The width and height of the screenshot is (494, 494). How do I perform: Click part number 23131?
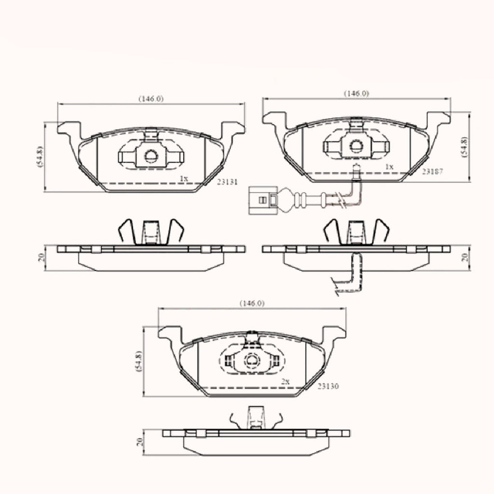tap(227, 182)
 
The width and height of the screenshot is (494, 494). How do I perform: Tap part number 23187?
tap(433, 171)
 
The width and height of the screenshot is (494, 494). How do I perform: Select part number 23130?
tap(328, 386)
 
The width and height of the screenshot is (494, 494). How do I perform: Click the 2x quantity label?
tap(286, 382)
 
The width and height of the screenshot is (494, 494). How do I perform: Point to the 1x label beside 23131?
tap(184, 178)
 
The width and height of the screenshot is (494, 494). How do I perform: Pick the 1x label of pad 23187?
tap(390, 167)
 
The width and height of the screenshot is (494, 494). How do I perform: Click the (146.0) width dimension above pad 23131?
tap(151, 98)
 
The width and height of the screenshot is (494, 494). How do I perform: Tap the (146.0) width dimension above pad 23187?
tap(357, 94)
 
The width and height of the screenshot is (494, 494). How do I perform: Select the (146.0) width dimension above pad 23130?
tap(252, 303)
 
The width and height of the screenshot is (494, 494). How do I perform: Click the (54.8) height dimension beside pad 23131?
tap(41, 157)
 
